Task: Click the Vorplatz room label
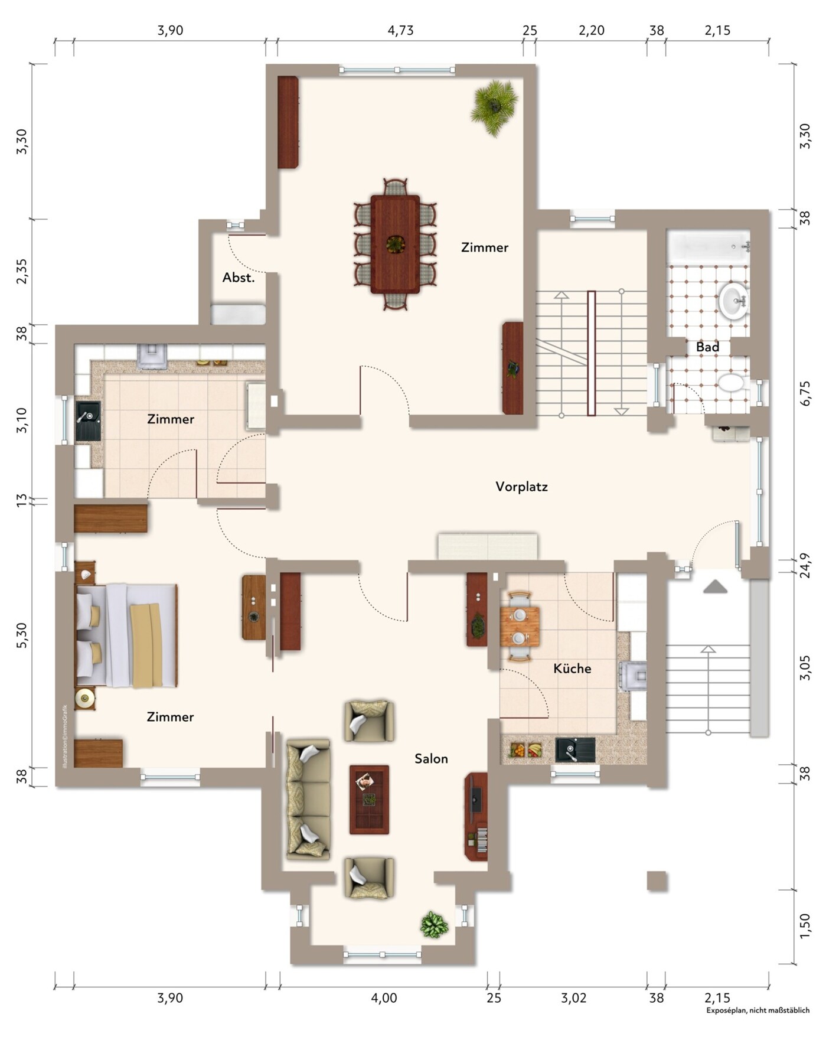pos(521,487)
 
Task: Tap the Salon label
pos(431,759)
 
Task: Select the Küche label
pos(572,669)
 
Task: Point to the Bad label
pos(707,347)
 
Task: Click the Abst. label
pos(239,278)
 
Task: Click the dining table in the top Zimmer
pos(395,244)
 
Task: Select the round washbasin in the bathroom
pos(734,301)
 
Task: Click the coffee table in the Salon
pos(369,799)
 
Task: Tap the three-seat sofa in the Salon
pos(308,799)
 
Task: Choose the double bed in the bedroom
pos(126,635)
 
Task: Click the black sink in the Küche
pos(575,750)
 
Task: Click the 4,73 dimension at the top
pos(400,30)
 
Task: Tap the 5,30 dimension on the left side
pos(22,635)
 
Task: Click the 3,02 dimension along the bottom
pos(573,998)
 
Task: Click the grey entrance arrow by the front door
pos(715,586)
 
